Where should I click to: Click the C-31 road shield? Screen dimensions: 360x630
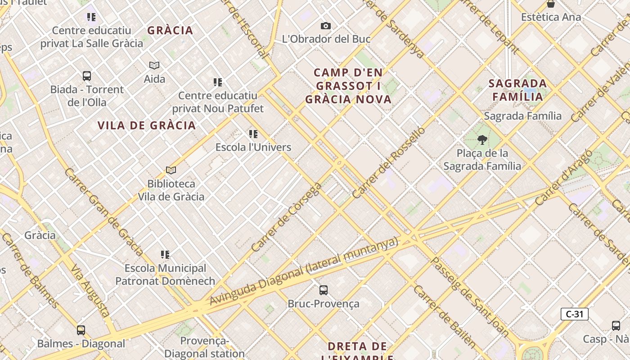(574, 314)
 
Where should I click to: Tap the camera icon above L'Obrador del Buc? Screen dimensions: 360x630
(326, 26)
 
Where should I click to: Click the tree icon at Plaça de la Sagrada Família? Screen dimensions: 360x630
(482, 140)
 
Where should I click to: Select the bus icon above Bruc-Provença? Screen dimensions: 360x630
(323, 290)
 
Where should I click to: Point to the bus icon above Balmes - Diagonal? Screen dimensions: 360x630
(81, 330)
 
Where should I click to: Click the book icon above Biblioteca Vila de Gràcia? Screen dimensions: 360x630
(171, 170)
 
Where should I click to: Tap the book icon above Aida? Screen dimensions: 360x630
(154, 66)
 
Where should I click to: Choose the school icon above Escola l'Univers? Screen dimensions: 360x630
(253, 134)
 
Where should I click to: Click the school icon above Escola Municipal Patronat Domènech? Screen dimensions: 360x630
(165, 255)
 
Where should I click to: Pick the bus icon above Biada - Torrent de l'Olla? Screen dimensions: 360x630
(86, 76)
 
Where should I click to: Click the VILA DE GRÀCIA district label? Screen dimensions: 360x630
(147, 126)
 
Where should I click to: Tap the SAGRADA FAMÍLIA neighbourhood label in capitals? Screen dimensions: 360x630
(517, 90)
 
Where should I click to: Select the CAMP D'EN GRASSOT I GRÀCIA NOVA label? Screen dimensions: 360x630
(349, 86)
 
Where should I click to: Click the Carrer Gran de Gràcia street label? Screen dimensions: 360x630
(103, 212)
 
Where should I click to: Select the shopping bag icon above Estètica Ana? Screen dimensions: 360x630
(550, 4)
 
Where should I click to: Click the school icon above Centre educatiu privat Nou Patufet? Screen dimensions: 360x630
(218, 82)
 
